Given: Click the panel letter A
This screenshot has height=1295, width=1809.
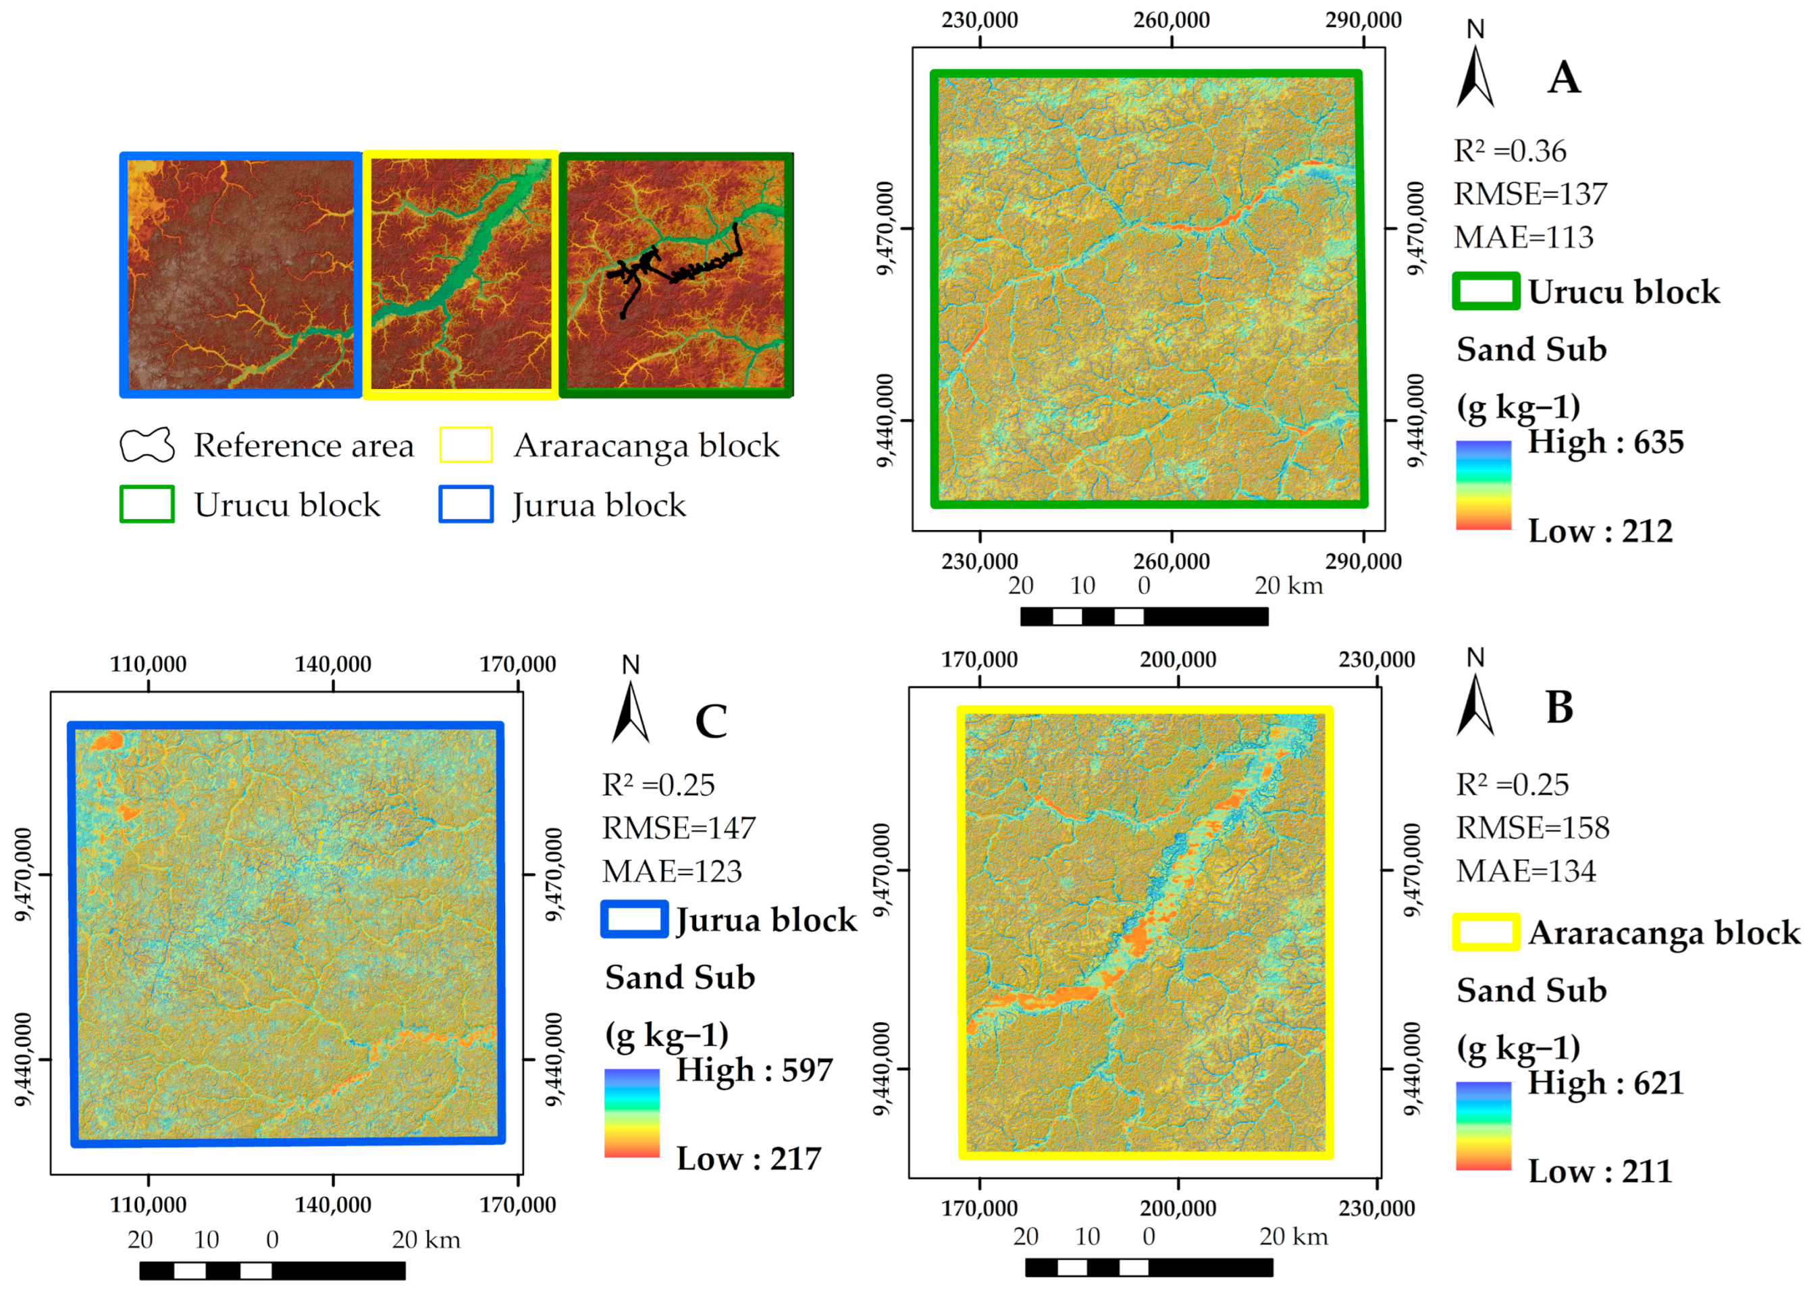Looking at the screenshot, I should click(x=1563, y=78).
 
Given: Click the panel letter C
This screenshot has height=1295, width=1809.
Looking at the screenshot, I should click(x=710, y=721).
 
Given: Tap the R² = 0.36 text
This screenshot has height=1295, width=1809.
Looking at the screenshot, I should click(x=1509, y=151).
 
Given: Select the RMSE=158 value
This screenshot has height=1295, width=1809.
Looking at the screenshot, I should click(x=1532, y=828).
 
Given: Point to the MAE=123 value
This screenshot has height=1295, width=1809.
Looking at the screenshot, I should click(x=671, y=872).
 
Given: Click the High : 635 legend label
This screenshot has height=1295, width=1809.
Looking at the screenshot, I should click(x=1605, y=442).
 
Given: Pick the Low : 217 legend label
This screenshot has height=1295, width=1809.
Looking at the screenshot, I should click(x=749, y=1159).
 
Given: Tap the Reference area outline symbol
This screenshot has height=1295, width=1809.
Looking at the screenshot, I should click(x=147, y=445).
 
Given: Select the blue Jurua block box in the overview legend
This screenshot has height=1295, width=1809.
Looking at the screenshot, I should click(x=466, y=504).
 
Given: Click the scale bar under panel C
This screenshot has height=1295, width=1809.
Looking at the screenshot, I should click(x=272, y=1270).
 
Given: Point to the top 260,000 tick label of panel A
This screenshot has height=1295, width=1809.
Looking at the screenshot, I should click(x=1171, y=20).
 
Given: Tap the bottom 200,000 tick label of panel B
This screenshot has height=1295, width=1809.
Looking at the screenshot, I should click(x=1178, y=1208).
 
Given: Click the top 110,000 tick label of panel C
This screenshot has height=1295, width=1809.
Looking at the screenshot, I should click(x=149, y=664).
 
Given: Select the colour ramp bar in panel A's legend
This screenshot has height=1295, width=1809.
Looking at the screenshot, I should click(x=1483, y=485).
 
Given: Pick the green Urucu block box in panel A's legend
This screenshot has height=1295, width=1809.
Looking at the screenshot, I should click(x=1486, y=291).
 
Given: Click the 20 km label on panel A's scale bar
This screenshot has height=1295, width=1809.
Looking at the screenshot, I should click(x=1288, y=585).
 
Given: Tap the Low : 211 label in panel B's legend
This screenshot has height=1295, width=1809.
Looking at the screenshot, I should click(x=1599, y=1171).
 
